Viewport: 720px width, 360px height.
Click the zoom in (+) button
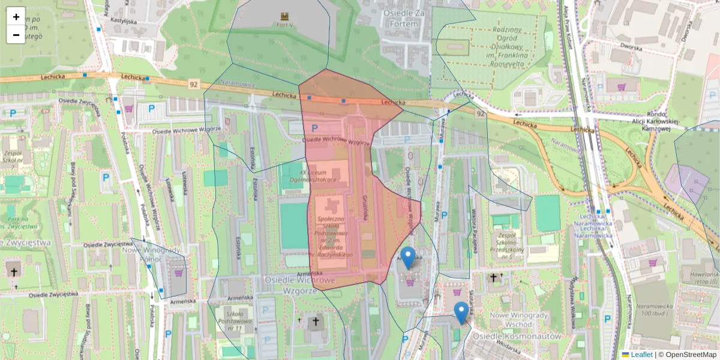16,17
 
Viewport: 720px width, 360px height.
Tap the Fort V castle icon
284,16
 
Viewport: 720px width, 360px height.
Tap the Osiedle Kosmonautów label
517,337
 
